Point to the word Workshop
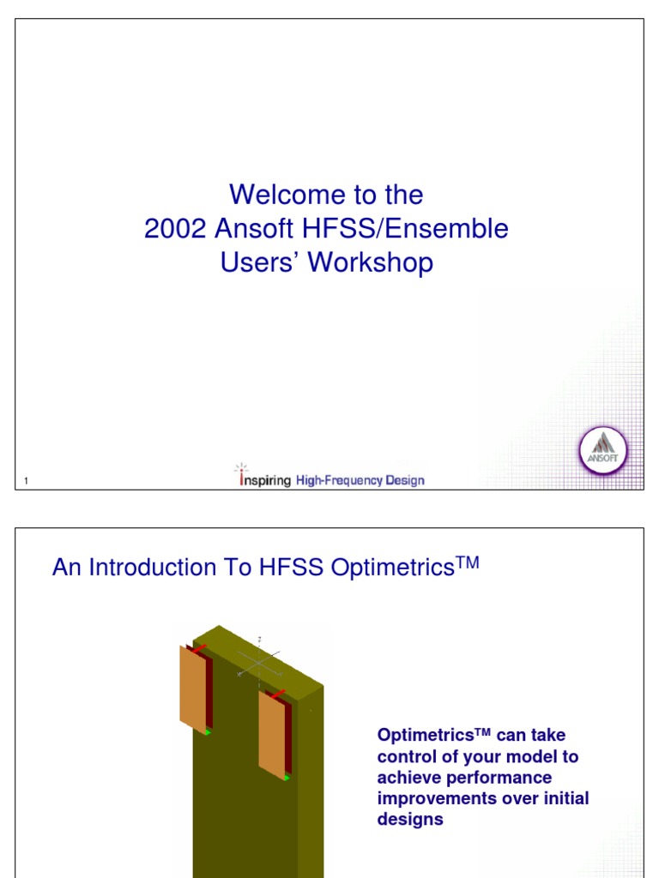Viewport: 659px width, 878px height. pos(371,262)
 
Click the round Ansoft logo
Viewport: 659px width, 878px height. pos(604,452)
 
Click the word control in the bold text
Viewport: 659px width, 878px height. pos(405,757)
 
